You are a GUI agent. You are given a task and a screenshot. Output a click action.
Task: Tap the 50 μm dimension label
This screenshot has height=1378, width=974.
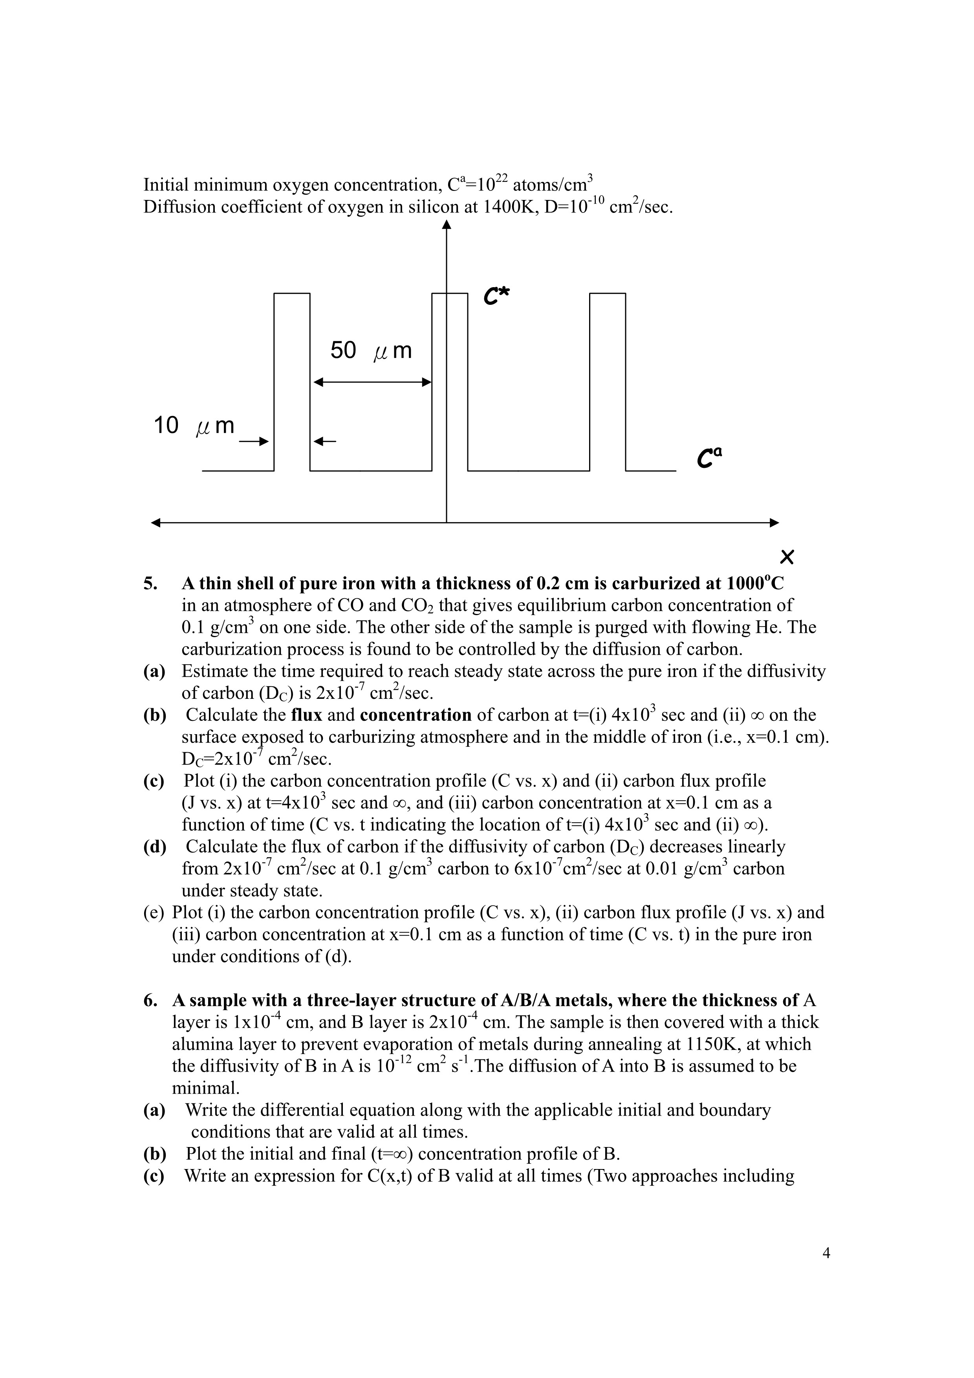(x=371, y=350)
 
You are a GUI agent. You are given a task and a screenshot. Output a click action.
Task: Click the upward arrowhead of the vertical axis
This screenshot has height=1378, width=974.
(x=447, y=225)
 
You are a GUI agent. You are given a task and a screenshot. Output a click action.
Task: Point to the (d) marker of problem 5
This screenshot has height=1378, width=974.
(x=154, y=847)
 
